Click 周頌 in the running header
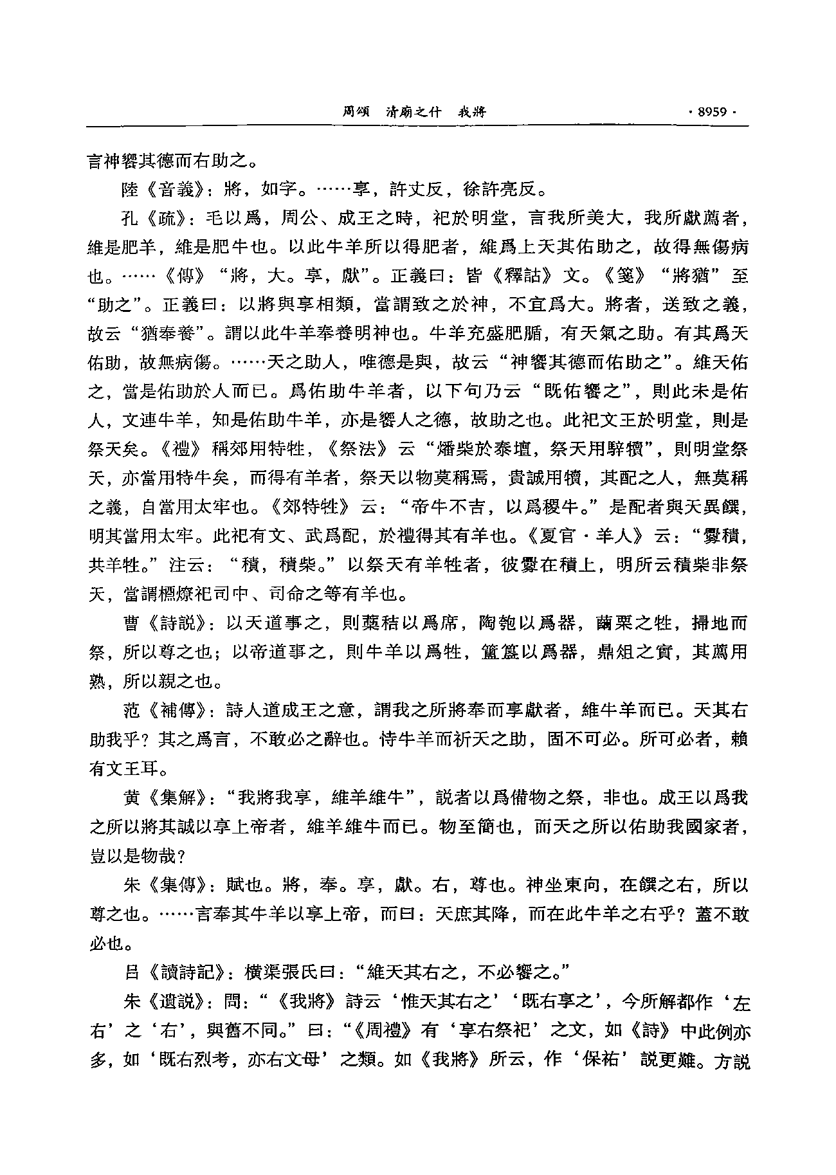pyautogui.click(x=355, y=112)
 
